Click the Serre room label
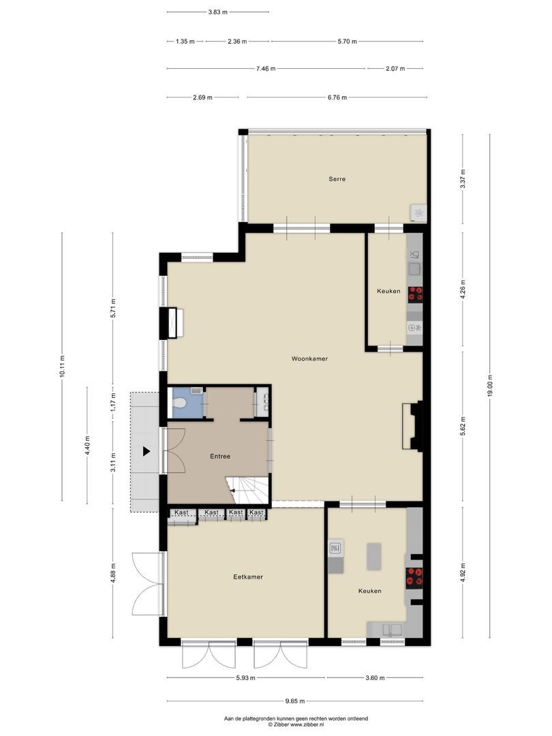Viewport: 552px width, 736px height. [337, 179]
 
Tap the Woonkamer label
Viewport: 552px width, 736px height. [309, 358]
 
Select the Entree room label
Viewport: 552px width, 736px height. [219, 457]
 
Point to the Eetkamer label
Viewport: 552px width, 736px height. [247, 577]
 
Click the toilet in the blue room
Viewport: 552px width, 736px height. [180, 403]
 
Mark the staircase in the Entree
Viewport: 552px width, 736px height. [249, 489]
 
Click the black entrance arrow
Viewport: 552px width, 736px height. [146, 450]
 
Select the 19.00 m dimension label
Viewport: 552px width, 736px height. [489, 387]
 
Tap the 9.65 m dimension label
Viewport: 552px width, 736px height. [294, 701]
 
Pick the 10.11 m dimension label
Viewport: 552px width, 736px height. [62, 367]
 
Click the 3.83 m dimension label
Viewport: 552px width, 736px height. [218, 12]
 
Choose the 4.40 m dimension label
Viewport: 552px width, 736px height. [87, 446]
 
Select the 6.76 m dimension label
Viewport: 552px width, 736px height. [337, 97]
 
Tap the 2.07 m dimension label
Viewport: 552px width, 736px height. [395, 69]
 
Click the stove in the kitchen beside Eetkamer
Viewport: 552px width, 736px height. [414, 577]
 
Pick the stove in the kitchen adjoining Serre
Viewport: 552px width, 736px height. [415, 294]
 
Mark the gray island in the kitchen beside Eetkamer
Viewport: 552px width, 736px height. [373, 556]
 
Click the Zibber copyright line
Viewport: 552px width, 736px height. [296, 725]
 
